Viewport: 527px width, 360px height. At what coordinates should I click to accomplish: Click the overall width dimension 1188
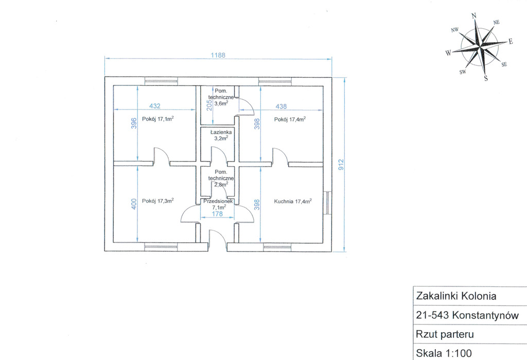coord(218,55)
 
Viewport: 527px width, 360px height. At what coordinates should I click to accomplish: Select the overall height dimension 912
coord(341,165)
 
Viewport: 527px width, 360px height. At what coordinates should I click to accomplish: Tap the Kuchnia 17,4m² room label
coord(293,201)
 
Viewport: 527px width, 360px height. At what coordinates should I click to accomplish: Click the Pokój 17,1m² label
coord(157,119)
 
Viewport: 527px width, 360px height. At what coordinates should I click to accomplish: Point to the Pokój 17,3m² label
coord(157,201)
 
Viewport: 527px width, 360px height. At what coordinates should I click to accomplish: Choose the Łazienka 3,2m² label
coord(221,135)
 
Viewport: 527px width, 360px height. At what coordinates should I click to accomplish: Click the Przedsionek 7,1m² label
coord(218,204)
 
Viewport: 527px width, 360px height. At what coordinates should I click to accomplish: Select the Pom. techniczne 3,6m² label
coord(221,97)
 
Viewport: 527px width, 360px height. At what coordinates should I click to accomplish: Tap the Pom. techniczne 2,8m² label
coord(221,178)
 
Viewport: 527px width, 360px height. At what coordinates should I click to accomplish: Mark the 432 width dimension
coord(154,106)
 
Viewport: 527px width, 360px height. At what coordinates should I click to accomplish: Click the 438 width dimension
coord(281,106)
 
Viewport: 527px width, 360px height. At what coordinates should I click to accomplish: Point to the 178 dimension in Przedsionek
coord(218,213)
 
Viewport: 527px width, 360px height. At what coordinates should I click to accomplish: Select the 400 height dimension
coord(134,204)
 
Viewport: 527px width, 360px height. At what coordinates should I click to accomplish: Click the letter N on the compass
coord(474,16)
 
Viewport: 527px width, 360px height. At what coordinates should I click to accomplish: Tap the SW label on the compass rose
coord(463,72)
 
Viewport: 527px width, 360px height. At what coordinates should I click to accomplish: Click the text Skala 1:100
coord(444,353)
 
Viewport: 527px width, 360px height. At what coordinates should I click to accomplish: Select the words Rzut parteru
coord(445,334)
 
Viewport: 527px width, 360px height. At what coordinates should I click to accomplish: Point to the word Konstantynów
coord(485,315)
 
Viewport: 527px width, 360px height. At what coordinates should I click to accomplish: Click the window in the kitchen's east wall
coord(327,202)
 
